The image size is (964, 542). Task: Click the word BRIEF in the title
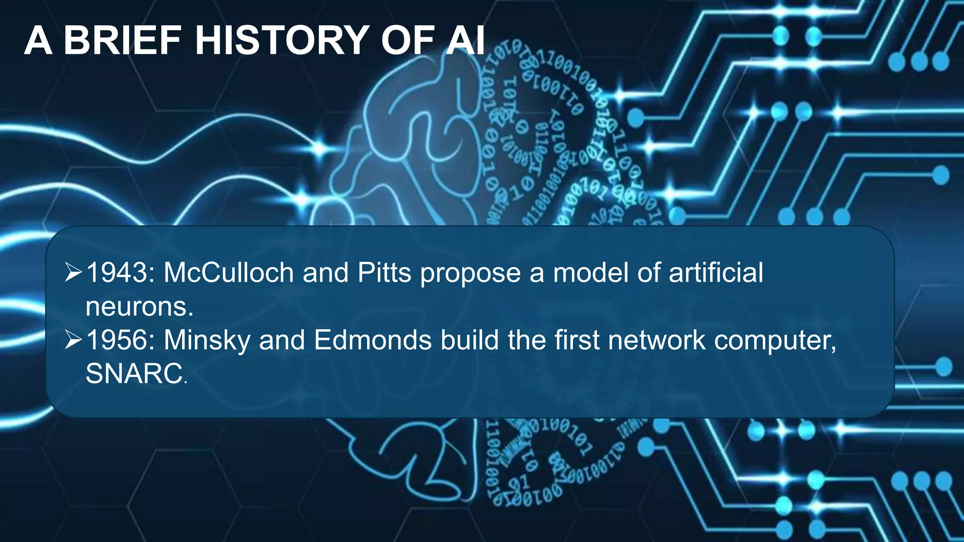[x=122, y=41]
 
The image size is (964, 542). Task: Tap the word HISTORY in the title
[x=281, y=41]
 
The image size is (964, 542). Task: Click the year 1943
[x=118, y=273]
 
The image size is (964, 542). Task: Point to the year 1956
[x=118, y=340]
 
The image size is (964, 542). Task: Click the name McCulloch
[x=229, y=273]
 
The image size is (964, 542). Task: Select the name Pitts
[x=384, y=273]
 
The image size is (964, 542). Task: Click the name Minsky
[x=207, y=340]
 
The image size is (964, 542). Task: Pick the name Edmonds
[x=372, y=340]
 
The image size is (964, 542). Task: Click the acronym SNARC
[x=134, y=374]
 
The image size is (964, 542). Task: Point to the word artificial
[x=716, y=273]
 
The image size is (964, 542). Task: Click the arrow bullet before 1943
[x=73, y=272]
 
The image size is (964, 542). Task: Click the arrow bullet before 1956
[x=73, y=340]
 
